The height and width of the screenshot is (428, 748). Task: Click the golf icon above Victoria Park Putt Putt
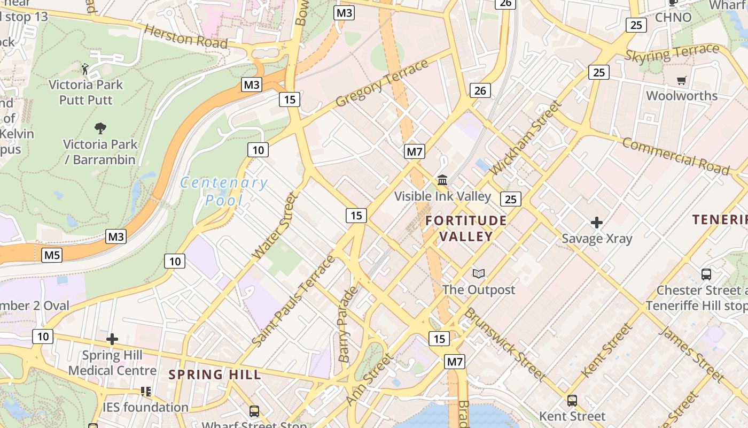[85, 68]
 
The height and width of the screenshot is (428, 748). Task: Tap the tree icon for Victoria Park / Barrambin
[100, 128]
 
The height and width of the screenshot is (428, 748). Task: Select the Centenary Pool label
[224, 191]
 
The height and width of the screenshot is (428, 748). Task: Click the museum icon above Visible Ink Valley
[442, 180]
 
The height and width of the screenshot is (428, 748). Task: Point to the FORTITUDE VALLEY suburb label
[466, 228]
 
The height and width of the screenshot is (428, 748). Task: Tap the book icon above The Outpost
[479, 274]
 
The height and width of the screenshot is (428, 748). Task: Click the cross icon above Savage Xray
[597, 222]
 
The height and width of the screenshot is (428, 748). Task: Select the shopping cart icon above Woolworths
[681, 81]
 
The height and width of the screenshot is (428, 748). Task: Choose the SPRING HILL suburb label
[215, 374]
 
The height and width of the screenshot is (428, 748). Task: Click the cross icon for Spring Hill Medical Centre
[112, 339]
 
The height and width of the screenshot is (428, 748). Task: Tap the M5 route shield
[52, 255]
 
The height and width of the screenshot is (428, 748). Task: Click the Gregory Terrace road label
[382, 83]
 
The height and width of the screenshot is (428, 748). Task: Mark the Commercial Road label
[675, 156]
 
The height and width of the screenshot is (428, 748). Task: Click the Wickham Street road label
[526, 137]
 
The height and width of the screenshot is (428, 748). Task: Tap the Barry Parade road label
[347, 324]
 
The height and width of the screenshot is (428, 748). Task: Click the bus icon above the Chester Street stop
[706, 274]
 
